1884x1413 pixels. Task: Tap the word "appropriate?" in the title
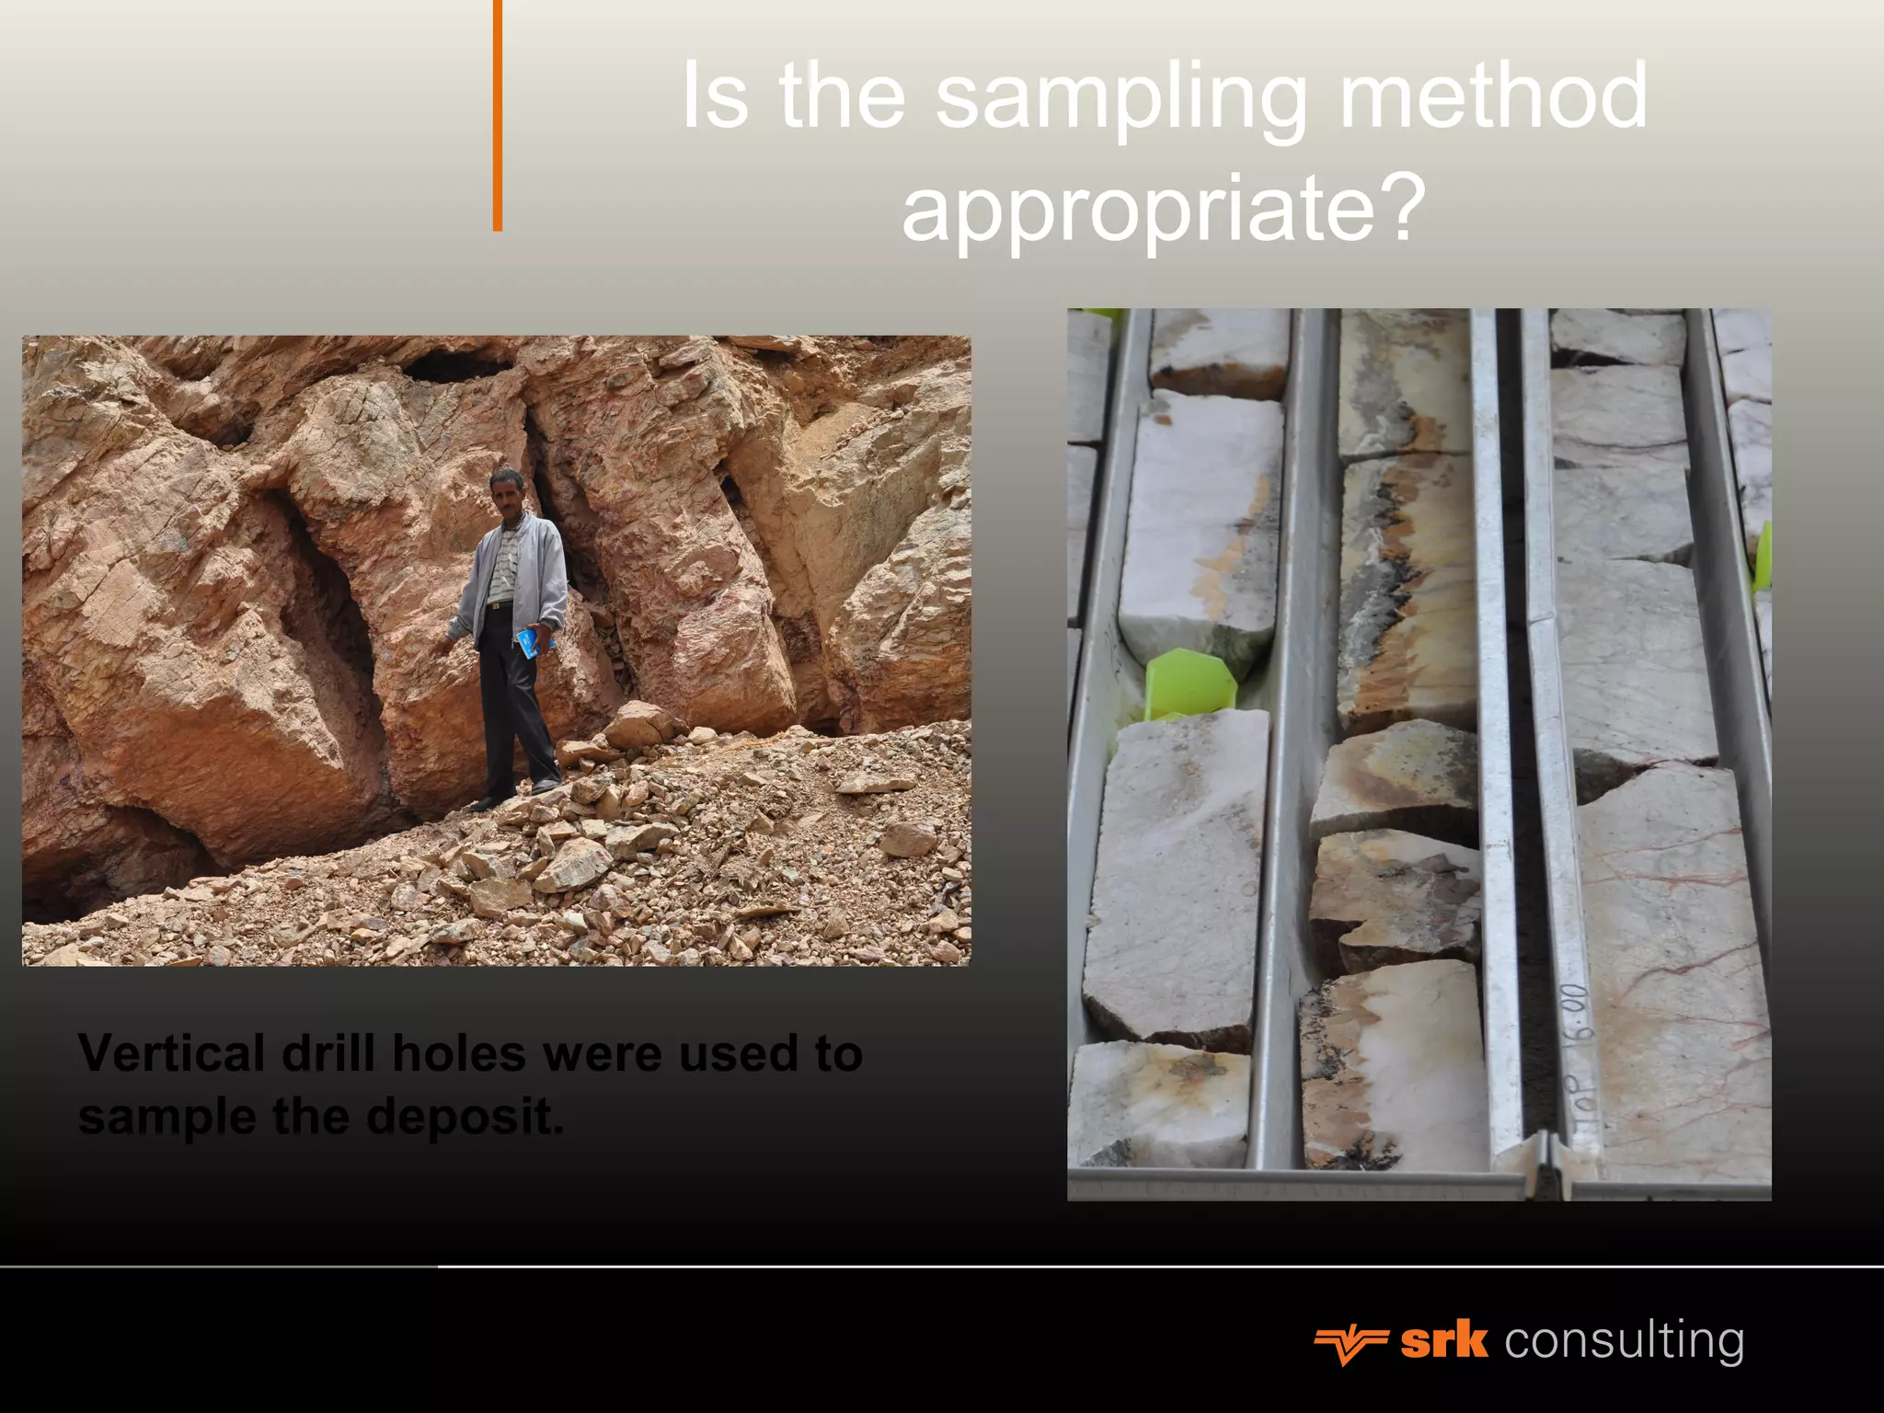point(1163,210)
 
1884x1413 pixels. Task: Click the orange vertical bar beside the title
point(498,115)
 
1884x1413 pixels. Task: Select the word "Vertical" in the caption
point(171,1053)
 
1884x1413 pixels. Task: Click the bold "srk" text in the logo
point(1443,1341)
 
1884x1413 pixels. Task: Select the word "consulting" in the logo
point(1624,1341)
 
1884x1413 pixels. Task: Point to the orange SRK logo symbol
point(1350,1344)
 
